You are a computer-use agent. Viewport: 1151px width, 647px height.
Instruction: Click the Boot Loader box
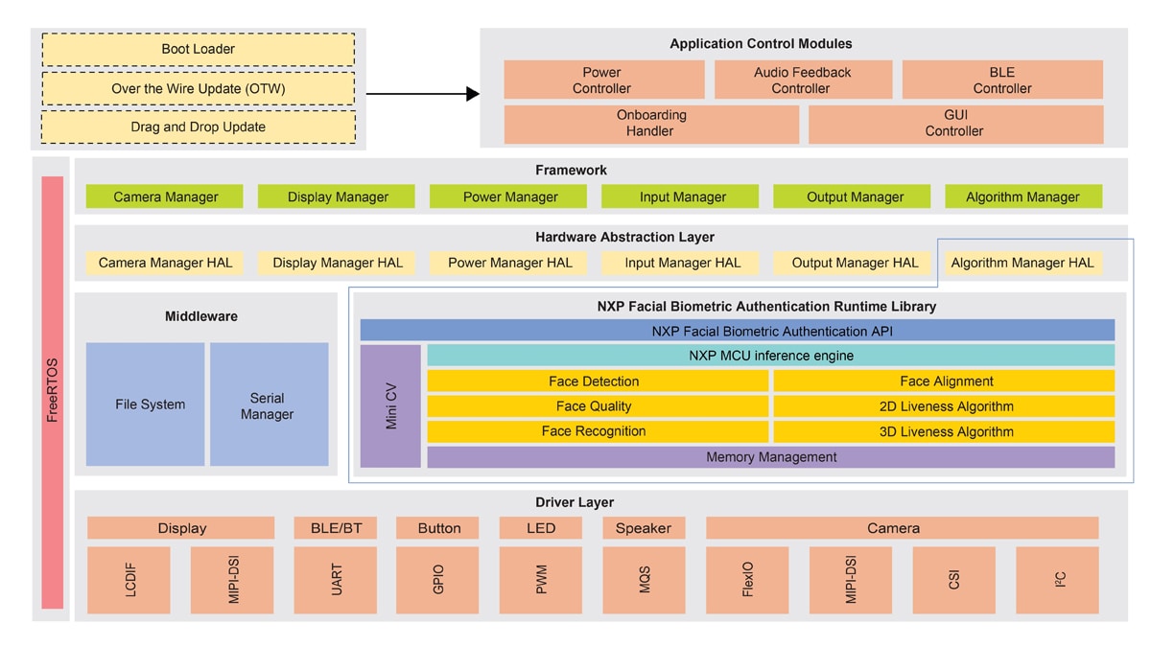point(199,49)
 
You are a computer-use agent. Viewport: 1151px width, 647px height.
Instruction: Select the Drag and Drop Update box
point(199,127)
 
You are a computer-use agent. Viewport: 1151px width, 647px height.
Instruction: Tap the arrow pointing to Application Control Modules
point(422,93)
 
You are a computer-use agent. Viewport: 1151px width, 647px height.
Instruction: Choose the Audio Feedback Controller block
point(802,80)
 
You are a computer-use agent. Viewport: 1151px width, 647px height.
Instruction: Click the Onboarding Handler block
point(650,124)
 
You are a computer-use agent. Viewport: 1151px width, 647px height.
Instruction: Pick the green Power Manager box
point(509,196)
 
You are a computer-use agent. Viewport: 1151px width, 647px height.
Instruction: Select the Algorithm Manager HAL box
point(1022,263)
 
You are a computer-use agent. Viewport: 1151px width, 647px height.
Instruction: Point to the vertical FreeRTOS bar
point(53,391)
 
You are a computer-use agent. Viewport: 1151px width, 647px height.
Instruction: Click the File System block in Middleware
point(145,404)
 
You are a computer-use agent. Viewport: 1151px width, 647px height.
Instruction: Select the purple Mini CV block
point(390,406)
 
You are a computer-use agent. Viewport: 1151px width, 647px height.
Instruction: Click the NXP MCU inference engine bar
point(770,356)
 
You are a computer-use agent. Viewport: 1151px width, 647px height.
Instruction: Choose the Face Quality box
point(594,406)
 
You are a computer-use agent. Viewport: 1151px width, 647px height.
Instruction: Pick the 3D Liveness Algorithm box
point(946,431)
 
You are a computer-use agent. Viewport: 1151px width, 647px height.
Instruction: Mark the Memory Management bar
point(770,457)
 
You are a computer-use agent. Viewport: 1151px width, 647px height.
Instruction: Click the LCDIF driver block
point(129,580)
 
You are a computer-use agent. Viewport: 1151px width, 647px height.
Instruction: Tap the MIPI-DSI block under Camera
point(851,580)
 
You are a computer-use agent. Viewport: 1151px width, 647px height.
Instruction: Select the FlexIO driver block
point(747,580)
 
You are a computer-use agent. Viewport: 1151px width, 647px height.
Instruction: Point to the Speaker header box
point(644,528)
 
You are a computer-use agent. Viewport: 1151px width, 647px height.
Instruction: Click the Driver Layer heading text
point(574,502)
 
